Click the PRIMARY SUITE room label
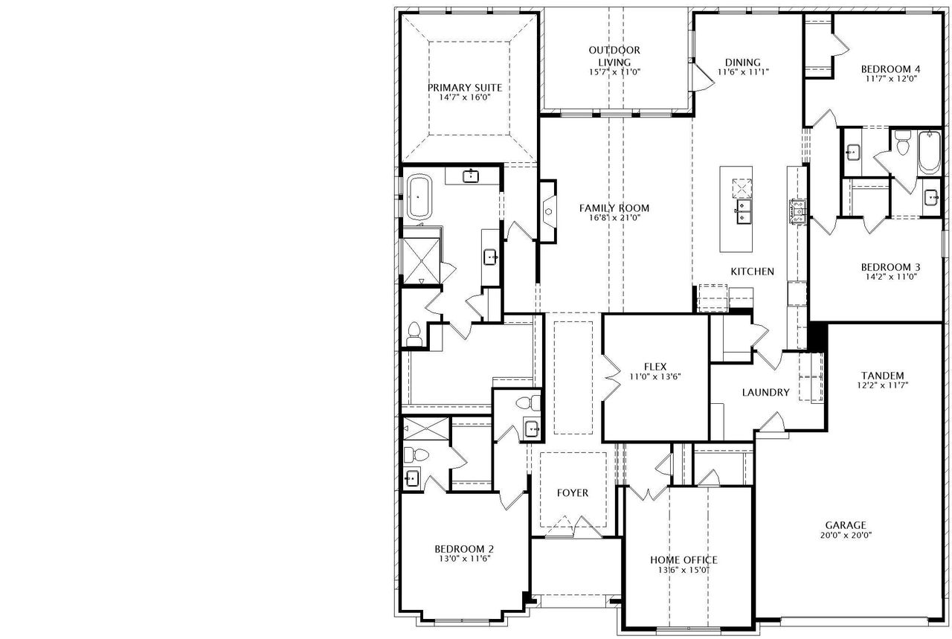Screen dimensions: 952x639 coord(465,88)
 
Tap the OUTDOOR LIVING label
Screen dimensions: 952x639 coord(614,56)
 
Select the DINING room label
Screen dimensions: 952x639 coord(743,62)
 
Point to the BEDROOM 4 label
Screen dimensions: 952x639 coord(891,69)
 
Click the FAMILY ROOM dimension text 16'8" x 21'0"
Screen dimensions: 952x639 coord(614,218)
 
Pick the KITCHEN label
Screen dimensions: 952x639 coord(752,272)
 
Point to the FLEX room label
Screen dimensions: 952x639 coord(655,367)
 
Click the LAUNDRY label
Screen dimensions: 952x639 coord(766,392)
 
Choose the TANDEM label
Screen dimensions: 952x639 coord(882,376)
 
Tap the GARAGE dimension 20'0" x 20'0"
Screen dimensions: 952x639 coord(846,535)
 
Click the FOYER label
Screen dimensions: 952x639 coord(573,492)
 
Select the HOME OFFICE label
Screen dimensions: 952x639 coord(684,560)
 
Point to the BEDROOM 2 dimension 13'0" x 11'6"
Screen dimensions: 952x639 coord(465,558)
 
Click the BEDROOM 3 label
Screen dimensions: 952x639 coord(891,267)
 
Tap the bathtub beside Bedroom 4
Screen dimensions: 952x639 coord(929,152)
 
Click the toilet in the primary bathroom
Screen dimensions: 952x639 coord(414,334)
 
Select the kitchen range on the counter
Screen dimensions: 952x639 coord(798,211)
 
